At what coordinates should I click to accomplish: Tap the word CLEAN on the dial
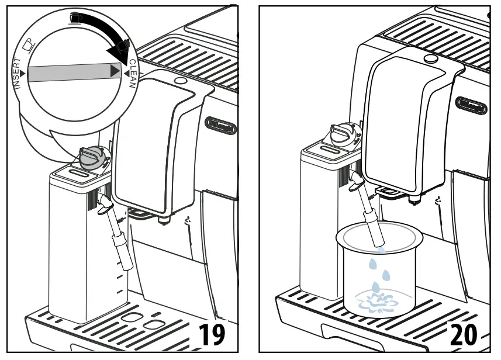coord(133,73)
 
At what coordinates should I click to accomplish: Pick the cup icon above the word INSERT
coord(28,44)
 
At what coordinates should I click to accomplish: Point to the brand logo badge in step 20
coord(472,106)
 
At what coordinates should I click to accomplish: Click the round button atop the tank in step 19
coord(179,80)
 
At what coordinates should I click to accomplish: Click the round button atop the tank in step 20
coord(431,59)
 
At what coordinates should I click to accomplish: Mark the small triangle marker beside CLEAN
coord(125,72)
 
